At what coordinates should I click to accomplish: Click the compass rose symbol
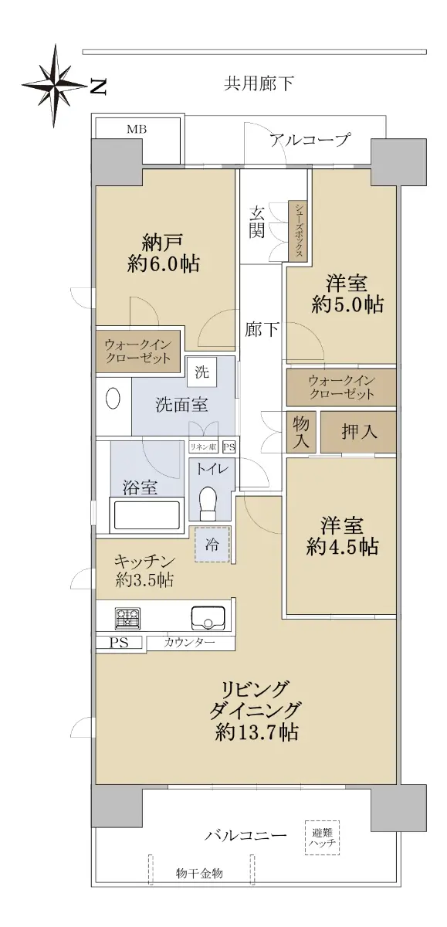[x=55, y=86]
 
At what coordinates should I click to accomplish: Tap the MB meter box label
[x=137, y=130]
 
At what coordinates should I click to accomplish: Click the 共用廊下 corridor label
[x=259, y=83]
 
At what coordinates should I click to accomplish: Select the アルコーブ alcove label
[x=310, y=140]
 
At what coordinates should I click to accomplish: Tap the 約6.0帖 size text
[x=164, y=263]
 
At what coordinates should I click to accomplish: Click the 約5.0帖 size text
[x=347, y=304]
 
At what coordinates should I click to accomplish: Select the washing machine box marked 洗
[x=201, y=372]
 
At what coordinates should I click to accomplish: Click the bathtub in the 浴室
[x=146, y=515]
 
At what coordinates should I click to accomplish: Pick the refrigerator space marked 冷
[x=212, y=544]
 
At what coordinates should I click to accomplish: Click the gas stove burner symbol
[x=127, y=618]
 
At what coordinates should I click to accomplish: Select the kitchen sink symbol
[x=208, y=617]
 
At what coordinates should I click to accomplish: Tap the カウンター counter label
[x=190, y=643]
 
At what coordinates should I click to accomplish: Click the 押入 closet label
[x=359, y=432]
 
